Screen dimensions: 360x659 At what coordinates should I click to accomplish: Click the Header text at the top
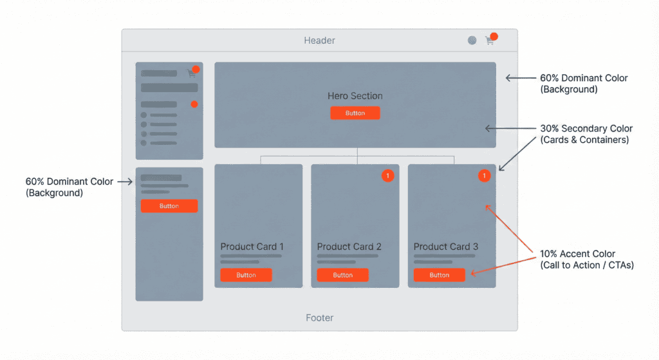click(319, 41)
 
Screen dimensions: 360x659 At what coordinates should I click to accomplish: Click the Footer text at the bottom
click(319, 317)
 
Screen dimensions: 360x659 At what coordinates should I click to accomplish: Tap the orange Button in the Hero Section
click(355, 113)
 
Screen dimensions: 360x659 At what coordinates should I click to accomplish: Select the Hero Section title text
click(355, 96)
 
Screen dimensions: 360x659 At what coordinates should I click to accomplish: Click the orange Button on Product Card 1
click(246, 275)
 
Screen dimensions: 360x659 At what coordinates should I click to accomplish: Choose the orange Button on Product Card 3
click(440, 275)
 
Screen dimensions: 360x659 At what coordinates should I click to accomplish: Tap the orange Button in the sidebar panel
click(169, 206)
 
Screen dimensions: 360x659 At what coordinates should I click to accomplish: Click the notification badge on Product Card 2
click(387, 175)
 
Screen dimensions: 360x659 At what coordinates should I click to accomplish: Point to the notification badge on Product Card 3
click(484, 175)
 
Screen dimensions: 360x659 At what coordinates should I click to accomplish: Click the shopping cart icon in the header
click(490, 41)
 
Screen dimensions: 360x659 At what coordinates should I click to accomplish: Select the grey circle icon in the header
click(472, 41)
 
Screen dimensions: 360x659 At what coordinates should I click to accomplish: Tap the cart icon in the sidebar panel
click(191, 73)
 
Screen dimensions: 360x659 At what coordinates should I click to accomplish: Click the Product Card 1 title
click(252, 247)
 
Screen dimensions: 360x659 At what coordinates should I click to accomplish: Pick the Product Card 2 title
click(349, 247)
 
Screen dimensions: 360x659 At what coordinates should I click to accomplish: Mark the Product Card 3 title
click(445, 247)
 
